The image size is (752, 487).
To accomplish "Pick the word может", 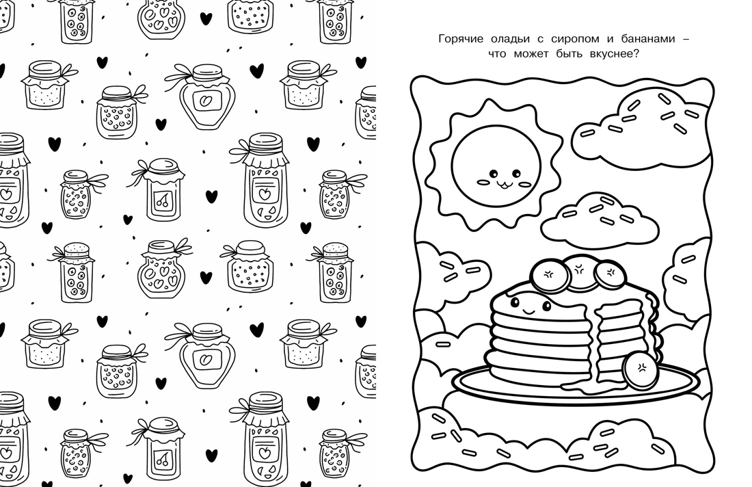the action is point(528,54).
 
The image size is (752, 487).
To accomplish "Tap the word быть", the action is point(569,54).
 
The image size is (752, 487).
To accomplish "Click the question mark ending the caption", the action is point(637,53).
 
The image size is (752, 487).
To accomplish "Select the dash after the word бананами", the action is point(685,40).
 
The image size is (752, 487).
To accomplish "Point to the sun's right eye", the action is point(515,173).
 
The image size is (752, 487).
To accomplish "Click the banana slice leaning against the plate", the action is point(641,371).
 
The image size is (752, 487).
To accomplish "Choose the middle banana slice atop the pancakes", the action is point(579,272).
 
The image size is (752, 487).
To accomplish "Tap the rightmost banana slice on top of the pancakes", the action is point(610,274).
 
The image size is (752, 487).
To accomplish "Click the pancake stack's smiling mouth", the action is point(529,311).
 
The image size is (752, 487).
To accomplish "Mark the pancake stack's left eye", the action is point(515,302).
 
